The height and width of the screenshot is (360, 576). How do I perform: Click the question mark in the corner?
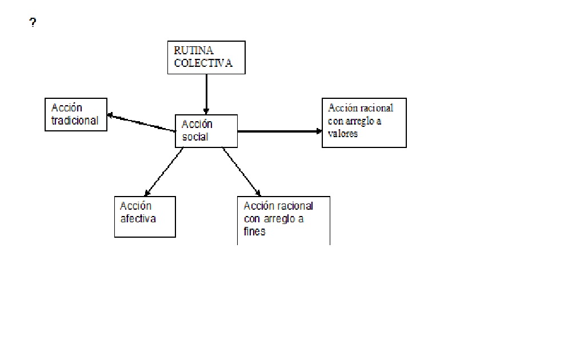coord(33,23)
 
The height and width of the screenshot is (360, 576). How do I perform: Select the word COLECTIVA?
coord(203,63)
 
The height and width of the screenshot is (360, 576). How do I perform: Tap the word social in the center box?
coord(195,137)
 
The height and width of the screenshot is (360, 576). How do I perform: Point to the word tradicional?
coord(74,120)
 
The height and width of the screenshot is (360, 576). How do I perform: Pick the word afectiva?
coord(138,218)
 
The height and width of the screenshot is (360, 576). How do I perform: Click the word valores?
coord(343,133)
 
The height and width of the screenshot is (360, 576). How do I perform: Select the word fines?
coord(254,232)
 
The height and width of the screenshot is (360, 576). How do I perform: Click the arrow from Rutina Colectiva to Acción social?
coord(206,94)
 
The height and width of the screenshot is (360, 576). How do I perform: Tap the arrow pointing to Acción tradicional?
coord(141,123)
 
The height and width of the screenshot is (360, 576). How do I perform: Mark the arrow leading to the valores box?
coord(279,131)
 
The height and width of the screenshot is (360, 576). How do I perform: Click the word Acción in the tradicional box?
coord(67,108)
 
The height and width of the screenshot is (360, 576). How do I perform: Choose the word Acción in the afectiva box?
coord(135,206)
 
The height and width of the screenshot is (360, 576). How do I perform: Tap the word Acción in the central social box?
coord(197,125)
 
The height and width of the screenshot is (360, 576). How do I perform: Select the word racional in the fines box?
coord(294,206)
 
